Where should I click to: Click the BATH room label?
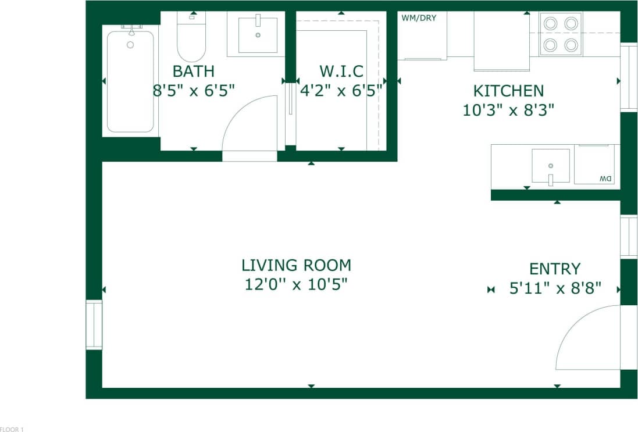coord(194,72)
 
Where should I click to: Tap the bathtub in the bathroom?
coord(130,81)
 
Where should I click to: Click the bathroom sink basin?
coord(258,35)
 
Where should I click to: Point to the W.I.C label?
coord(341,72)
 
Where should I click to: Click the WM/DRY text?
coord(419,18)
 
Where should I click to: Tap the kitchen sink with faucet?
coord(550,166)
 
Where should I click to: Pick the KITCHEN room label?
coord(508,91)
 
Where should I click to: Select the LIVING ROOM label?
coord(296,266)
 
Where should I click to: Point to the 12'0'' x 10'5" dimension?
coord(296,285)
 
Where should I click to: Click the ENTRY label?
coord(554,269)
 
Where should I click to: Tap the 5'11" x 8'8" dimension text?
coord(555,288)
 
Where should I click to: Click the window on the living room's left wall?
coord(94,324)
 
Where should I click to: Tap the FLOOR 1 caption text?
coord(12,429)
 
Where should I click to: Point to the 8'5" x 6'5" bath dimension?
coord(194,90)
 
